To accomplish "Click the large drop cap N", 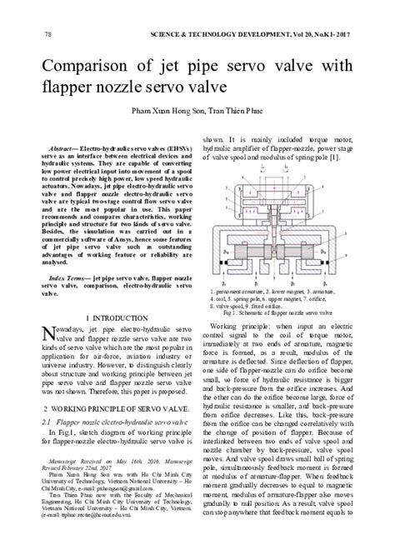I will coord(49,337).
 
